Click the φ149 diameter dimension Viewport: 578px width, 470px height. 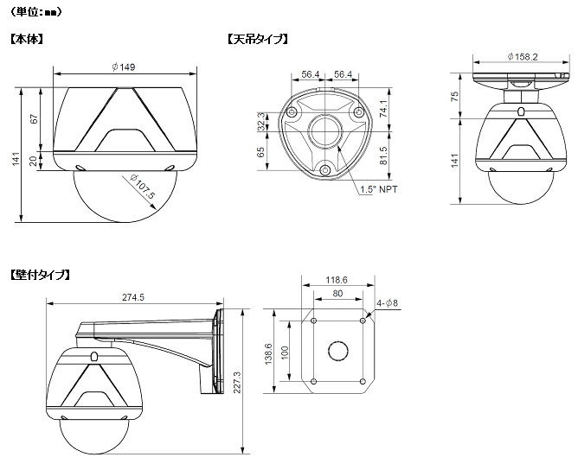point(124,67)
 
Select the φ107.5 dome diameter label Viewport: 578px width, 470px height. point(142,187)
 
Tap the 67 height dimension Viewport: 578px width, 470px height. point(34,119)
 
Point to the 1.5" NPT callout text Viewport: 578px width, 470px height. point(379,189)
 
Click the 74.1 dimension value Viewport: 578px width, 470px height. point(383,109)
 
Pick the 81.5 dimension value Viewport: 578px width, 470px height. point(383,156)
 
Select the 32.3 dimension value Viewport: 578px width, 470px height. point(261,122)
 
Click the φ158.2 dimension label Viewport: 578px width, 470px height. point(523,57)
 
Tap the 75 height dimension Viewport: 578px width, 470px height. point(455,97)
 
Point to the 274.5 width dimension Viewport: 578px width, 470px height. point(133,297)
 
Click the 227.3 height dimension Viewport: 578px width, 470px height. point(237,382)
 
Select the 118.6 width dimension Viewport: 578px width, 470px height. point(337,280)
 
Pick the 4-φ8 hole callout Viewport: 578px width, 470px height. point(387,303)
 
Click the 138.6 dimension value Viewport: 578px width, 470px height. point(268,353)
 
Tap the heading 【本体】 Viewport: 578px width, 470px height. point(27,39)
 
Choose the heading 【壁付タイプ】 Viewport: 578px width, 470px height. point(40,275)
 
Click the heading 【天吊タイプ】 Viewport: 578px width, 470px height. point(257,39)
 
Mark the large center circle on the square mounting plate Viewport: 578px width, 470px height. point(337,351)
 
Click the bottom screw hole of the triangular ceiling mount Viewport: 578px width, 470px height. point(324,170)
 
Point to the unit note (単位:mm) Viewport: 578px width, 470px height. point(36,12)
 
